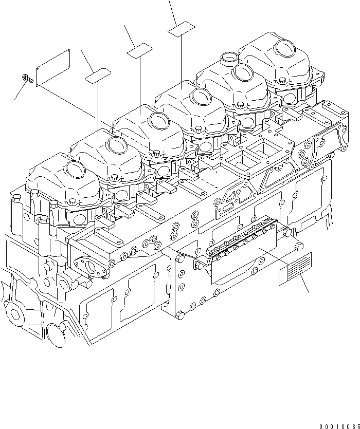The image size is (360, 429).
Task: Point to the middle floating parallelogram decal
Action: tap(140, 50)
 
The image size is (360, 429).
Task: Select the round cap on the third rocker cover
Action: tap(158, 122)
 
